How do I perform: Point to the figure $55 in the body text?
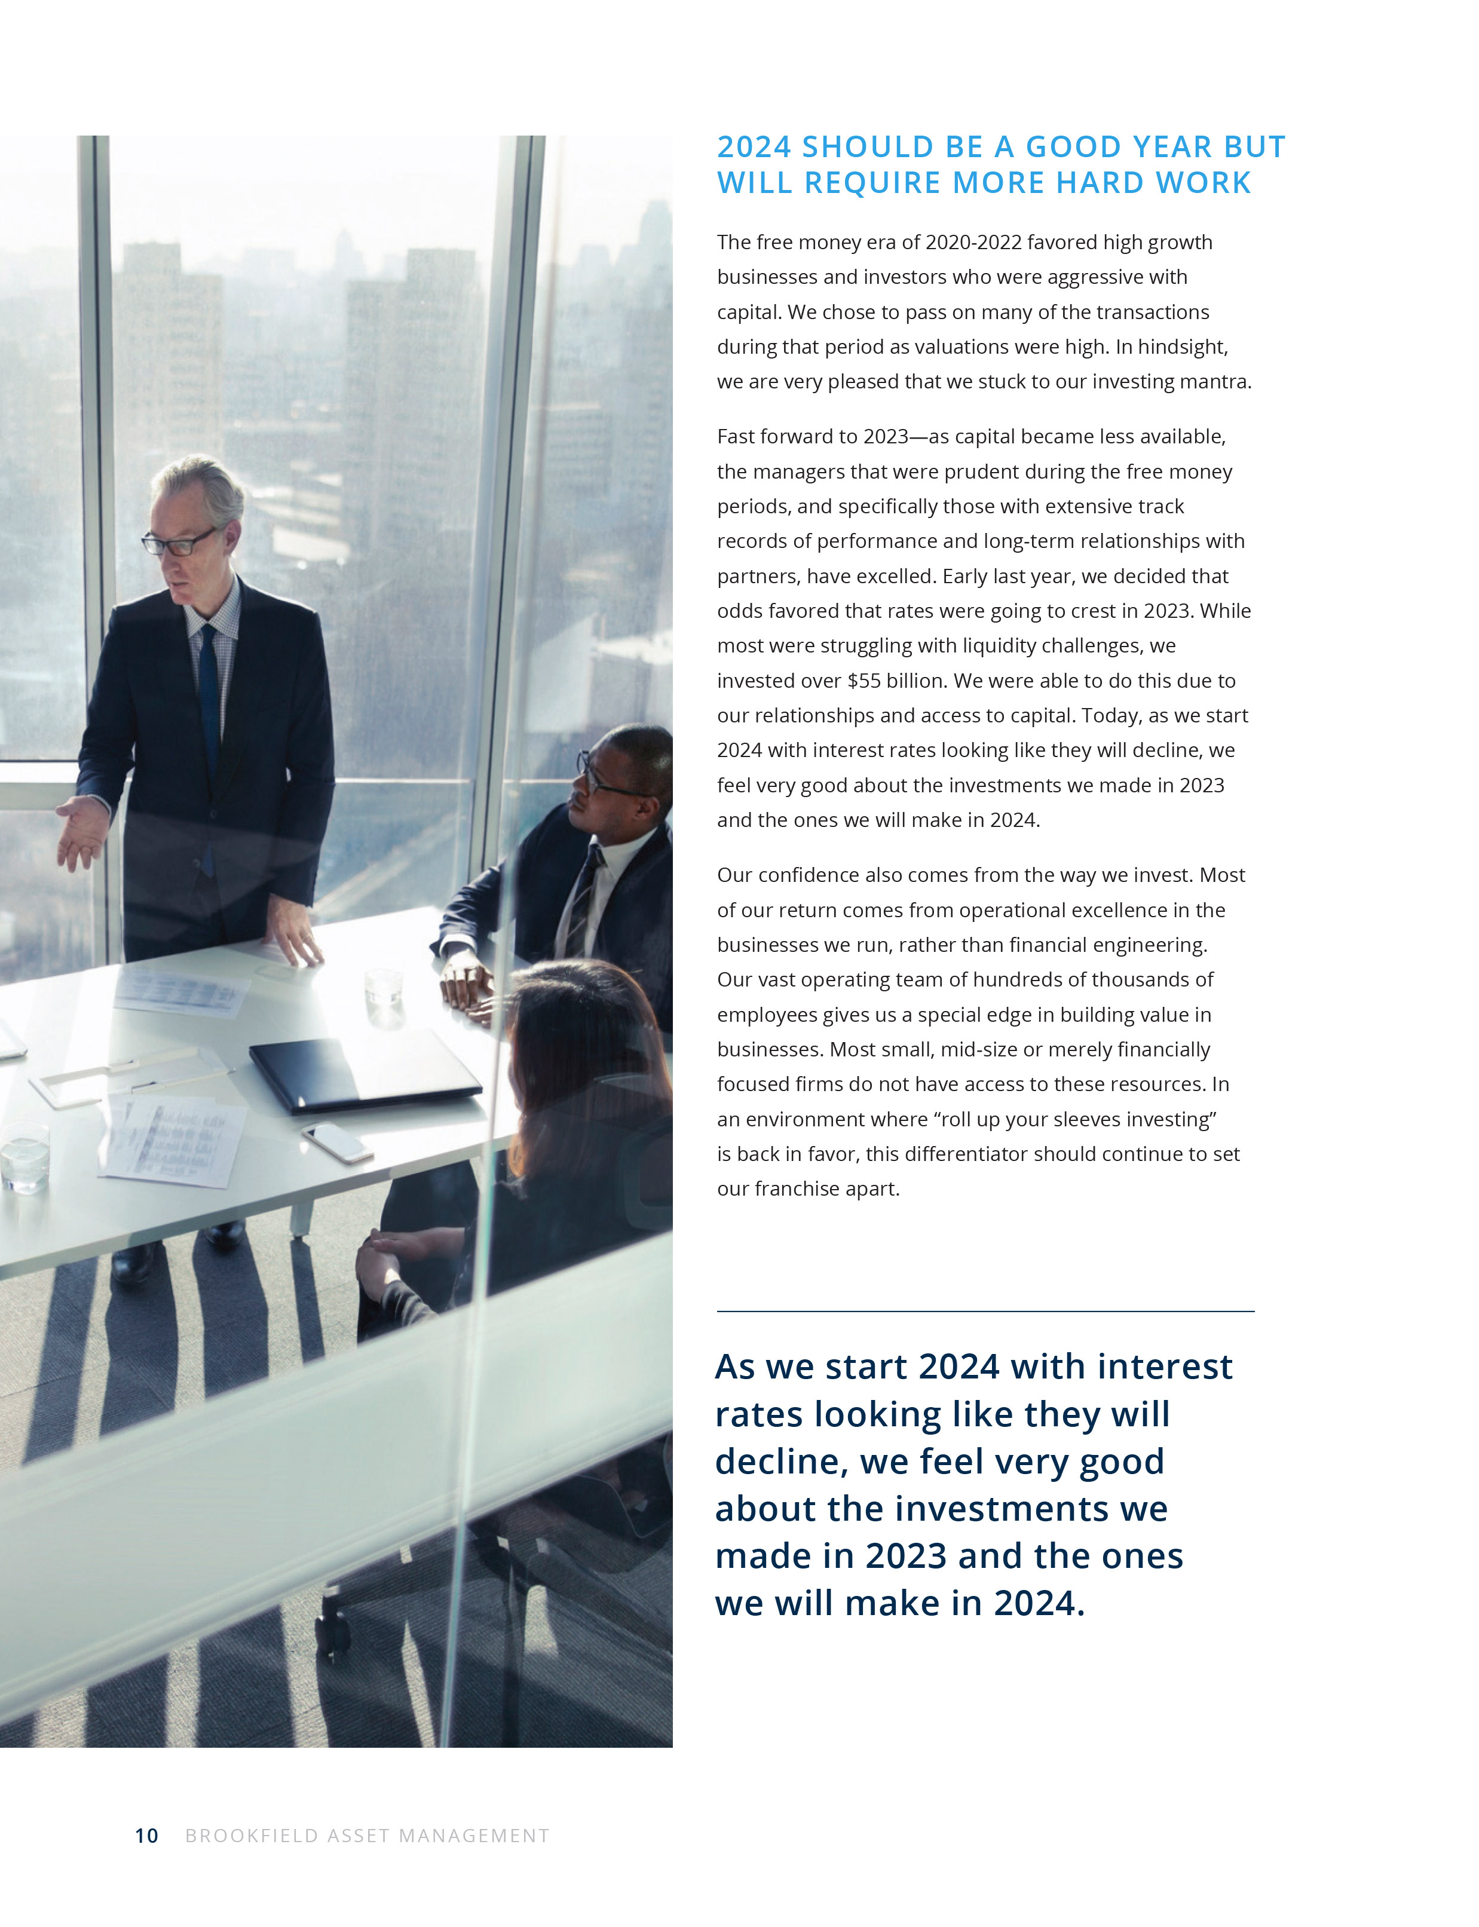click(863, 681)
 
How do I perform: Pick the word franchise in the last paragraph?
click(796, 1188)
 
